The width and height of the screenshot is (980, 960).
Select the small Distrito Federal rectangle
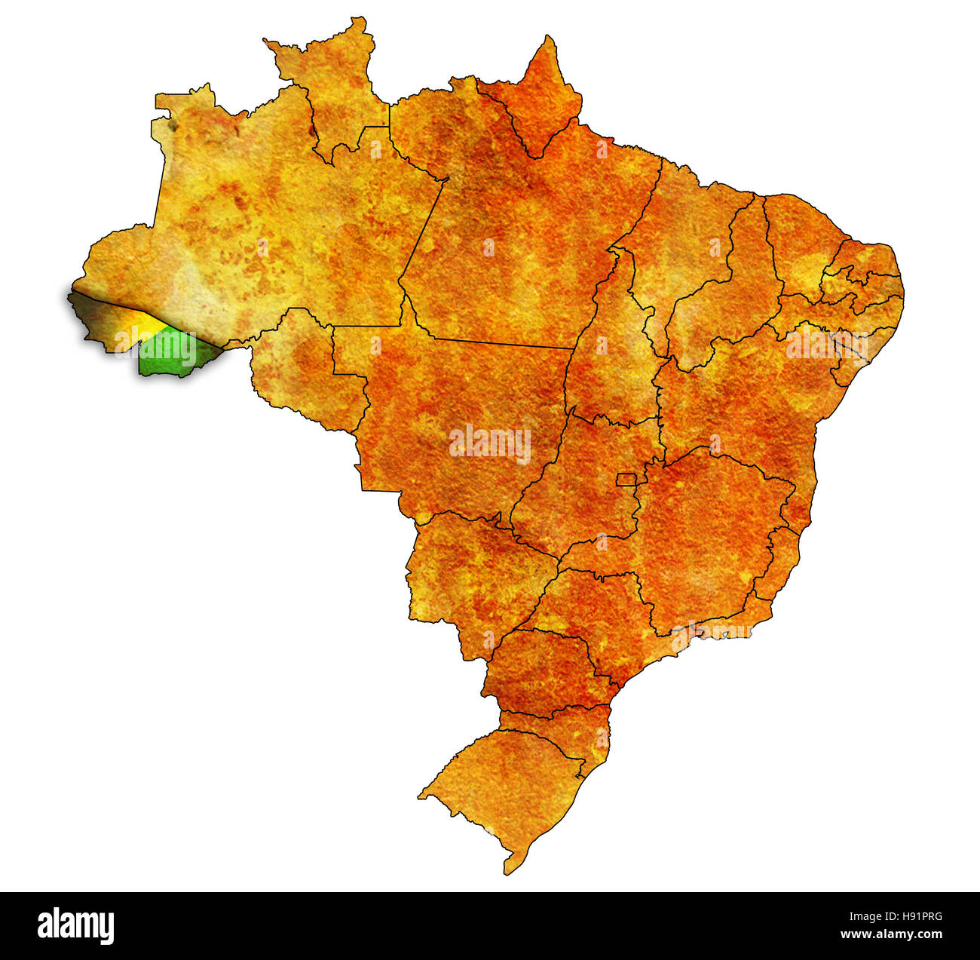pos(626,479)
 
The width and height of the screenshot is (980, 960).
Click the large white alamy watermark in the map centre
pos(490,443)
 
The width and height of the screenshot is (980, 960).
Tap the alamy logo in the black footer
pos(76,926)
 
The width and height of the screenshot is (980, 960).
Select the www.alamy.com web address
pos(891,935)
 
